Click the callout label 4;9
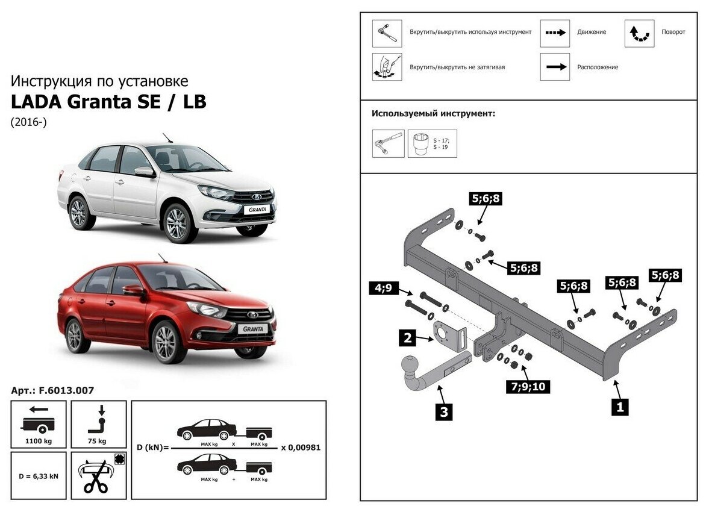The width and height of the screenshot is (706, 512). pos(383,289)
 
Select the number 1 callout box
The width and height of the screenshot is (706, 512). pos(619,407)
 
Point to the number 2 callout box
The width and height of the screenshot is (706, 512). pos(408,338)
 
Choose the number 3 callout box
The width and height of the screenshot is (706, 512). pos(444,412)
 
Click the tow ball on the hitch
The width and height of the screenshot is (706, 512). pos(410,366)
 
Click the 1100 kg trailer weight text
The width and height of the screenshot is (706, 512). pos(38,441)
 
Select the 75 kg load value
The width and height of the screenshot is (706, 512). pos(98,441)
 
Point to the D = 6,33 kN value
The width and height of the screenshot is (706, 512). pos(38,476)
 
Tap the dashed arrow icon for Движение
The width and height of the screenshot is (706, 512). pos(554,33)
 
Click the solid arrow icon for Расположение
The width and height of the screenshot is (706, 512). pos(554,67)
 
